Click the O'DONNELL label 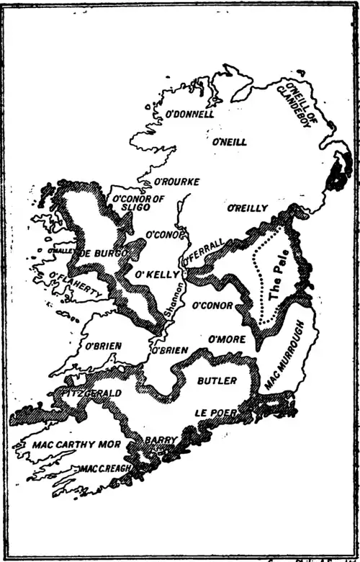(190, 114)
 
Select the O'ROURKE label (177, 182)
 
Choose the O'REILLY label (247, 208)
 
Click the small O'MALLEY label (61, 250)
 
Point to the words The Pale (277, 282)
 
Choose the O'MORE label (227, 339)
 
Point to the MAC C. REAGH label (107, 469)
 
